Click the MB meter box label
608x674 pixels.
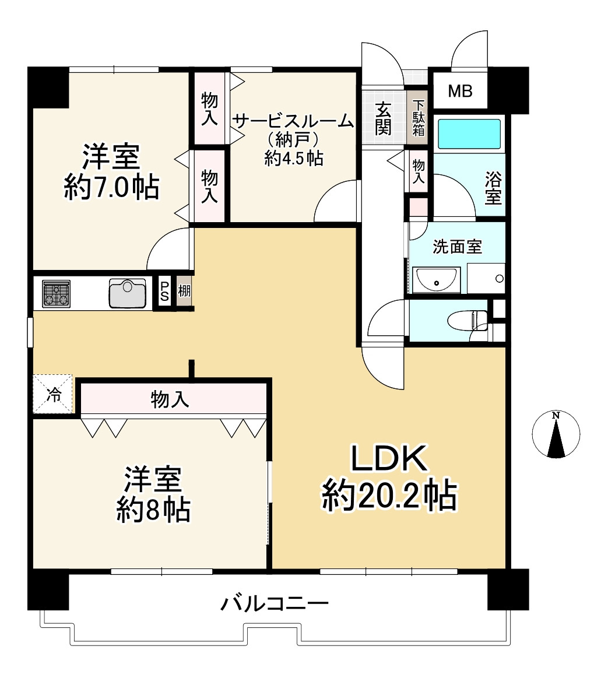click(x=460, y=91)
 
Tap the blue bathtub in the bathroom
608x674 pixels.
click(x=469, y=134)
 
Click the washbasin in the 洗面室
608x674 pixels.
click(x=436, y=280)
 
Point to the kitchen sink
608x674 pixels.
click(x=127, y=293)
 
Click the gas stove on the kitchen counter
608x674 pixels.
click(x=56, y=294)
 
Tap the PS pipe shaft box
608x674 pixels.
click(x=164, y=292)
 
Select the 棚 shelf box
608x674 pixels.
click(x=184, y=291)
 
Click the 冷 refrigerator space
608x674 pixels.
click(x=54, y=395)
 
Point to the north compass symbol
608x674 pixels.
click(x=556, y=434)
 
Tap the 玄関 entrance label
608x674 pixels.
click(x=383, y=118)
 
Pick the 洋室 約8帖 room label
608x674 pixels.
click(x=153, y=494)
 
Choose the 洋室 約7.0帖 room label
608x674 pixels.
click(x=112, y=172)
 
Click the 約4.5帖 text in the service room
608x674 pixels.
click(x=294, y=159)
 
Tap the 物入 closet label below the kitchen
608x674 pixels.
click(x=170, y=400)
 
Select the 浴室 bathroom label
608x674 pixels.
click(x=493, y=188)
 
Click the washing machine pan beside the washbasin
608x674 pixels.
click(x=486, y=278)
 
